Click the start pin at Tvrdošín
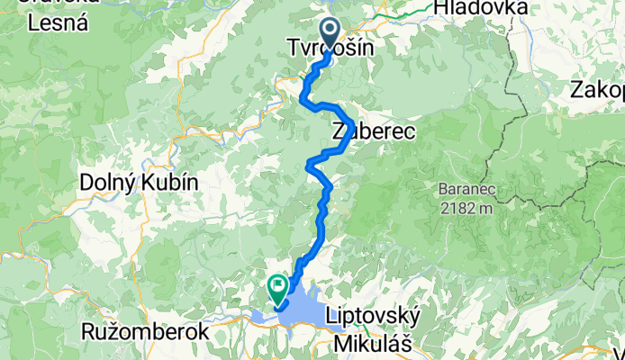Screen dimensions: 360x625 (x=331, y=33)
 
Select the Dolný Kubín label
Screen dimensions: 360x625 (x=139, y=181)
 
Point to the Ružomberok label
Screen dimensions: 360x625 (x=145, y=331)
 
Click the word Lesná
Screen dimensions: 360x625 (x=58, y=24)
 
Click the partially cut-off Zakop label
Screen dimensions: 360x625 (x=597, y=91)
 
